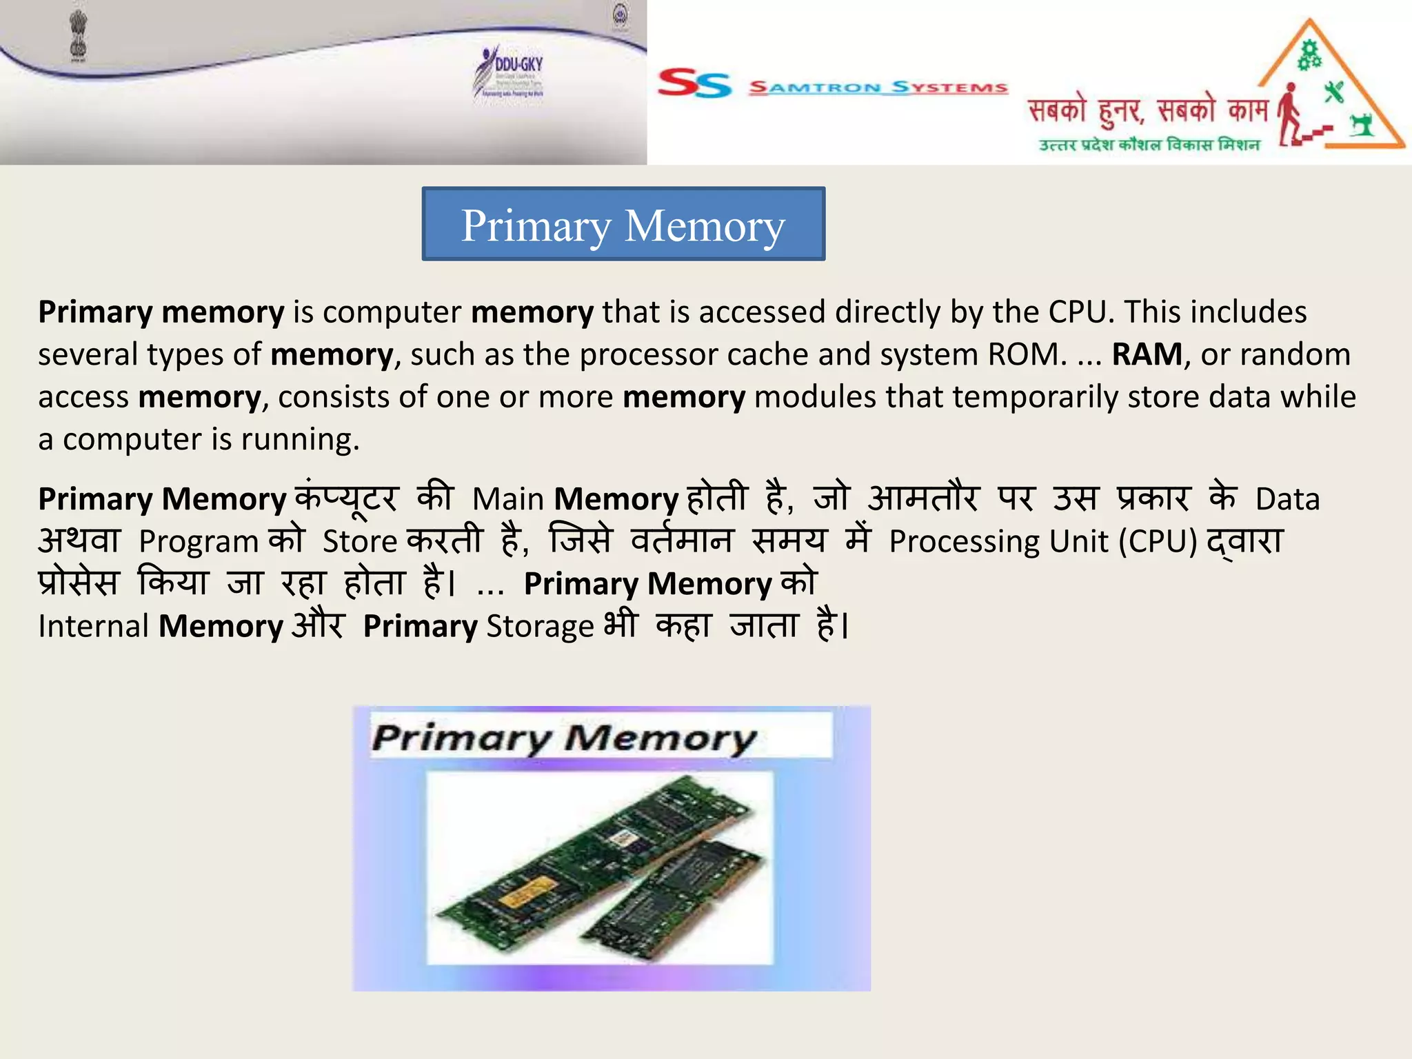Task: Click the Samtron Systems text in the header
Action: (x=878, y=88)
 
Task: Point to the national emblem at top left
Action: (x=79, y=36)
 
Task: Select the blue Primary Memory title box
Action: (x=623, y=224)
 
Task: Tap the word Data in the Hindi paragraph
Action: (x=1287, y=499)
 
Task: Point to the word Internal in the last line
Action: (x=94, y=627)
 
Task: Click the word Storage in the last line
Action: (x=540, y=627)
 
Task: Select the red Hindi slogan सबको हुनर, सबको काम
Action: (x=1147, y=111)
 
